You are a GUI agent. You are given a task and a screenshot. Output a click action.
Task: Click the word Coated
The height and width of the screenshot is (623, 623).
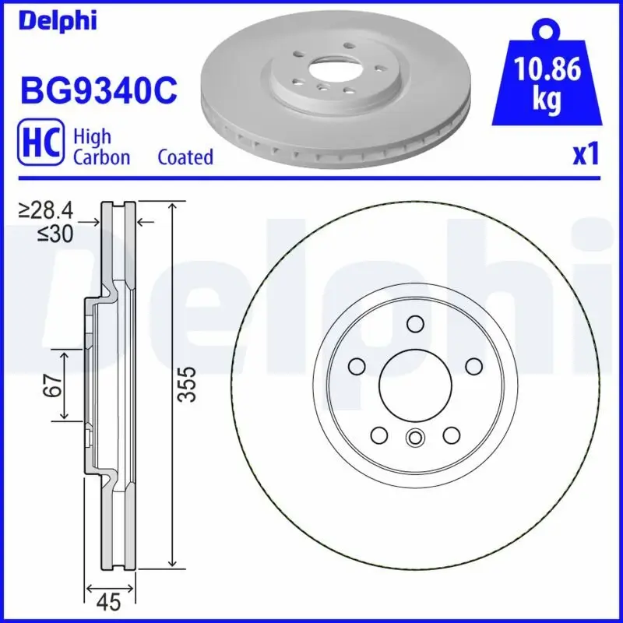point(185,157)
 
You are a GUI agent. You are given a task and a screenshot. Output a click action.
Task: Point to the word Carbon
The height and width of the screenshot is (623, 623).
point(101,157)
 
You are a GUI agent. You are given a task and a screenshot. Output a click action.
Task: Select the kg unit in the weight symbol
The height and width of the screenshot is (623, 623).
point(548,101)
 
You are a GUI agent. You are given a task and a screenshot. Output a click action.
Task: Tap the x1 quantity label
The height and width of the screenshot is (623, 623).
point(585,155)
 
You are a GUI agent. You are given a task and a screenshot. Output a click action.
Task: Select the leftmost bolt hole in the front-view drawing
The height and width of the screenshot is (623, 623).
point(357,366)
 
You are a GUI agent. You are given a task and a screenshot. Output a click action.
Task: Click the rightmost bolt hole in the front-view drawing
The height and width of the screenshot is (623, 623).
point(473,366)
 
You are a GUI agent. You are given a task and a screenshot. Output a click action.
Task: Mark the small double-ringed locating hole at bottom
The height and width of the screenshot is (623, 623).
point(414,438)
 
